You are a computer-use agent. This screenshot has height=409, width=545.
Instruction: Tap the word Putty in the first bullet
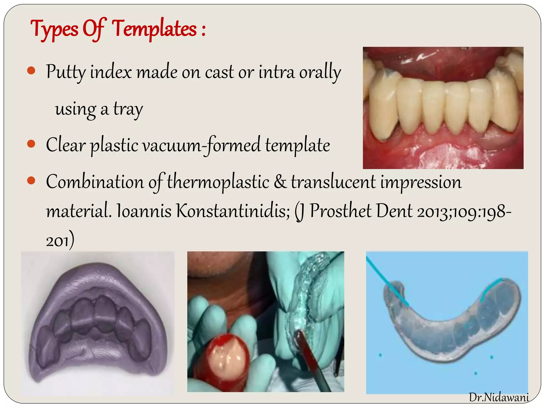[x=66, y=72]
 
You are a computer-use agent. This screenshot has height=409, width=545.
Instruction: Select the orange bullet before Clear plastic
[x=31, y=144]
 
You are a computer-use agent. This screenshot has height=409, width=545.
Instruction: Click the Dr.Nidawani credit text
[x=499, y=398]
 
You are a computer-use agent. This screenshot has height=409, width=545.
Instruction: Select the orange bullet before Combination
[x=31, y=181]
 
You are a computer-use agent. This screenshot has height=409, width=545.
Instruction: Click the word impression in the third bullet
[x=421, y=182]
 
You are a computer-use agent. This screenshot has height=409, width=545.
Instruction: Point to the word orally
[x=320, y=72]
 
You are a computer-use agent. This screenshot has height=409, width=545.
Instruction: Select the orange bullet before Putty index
[x=31, y=71]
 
